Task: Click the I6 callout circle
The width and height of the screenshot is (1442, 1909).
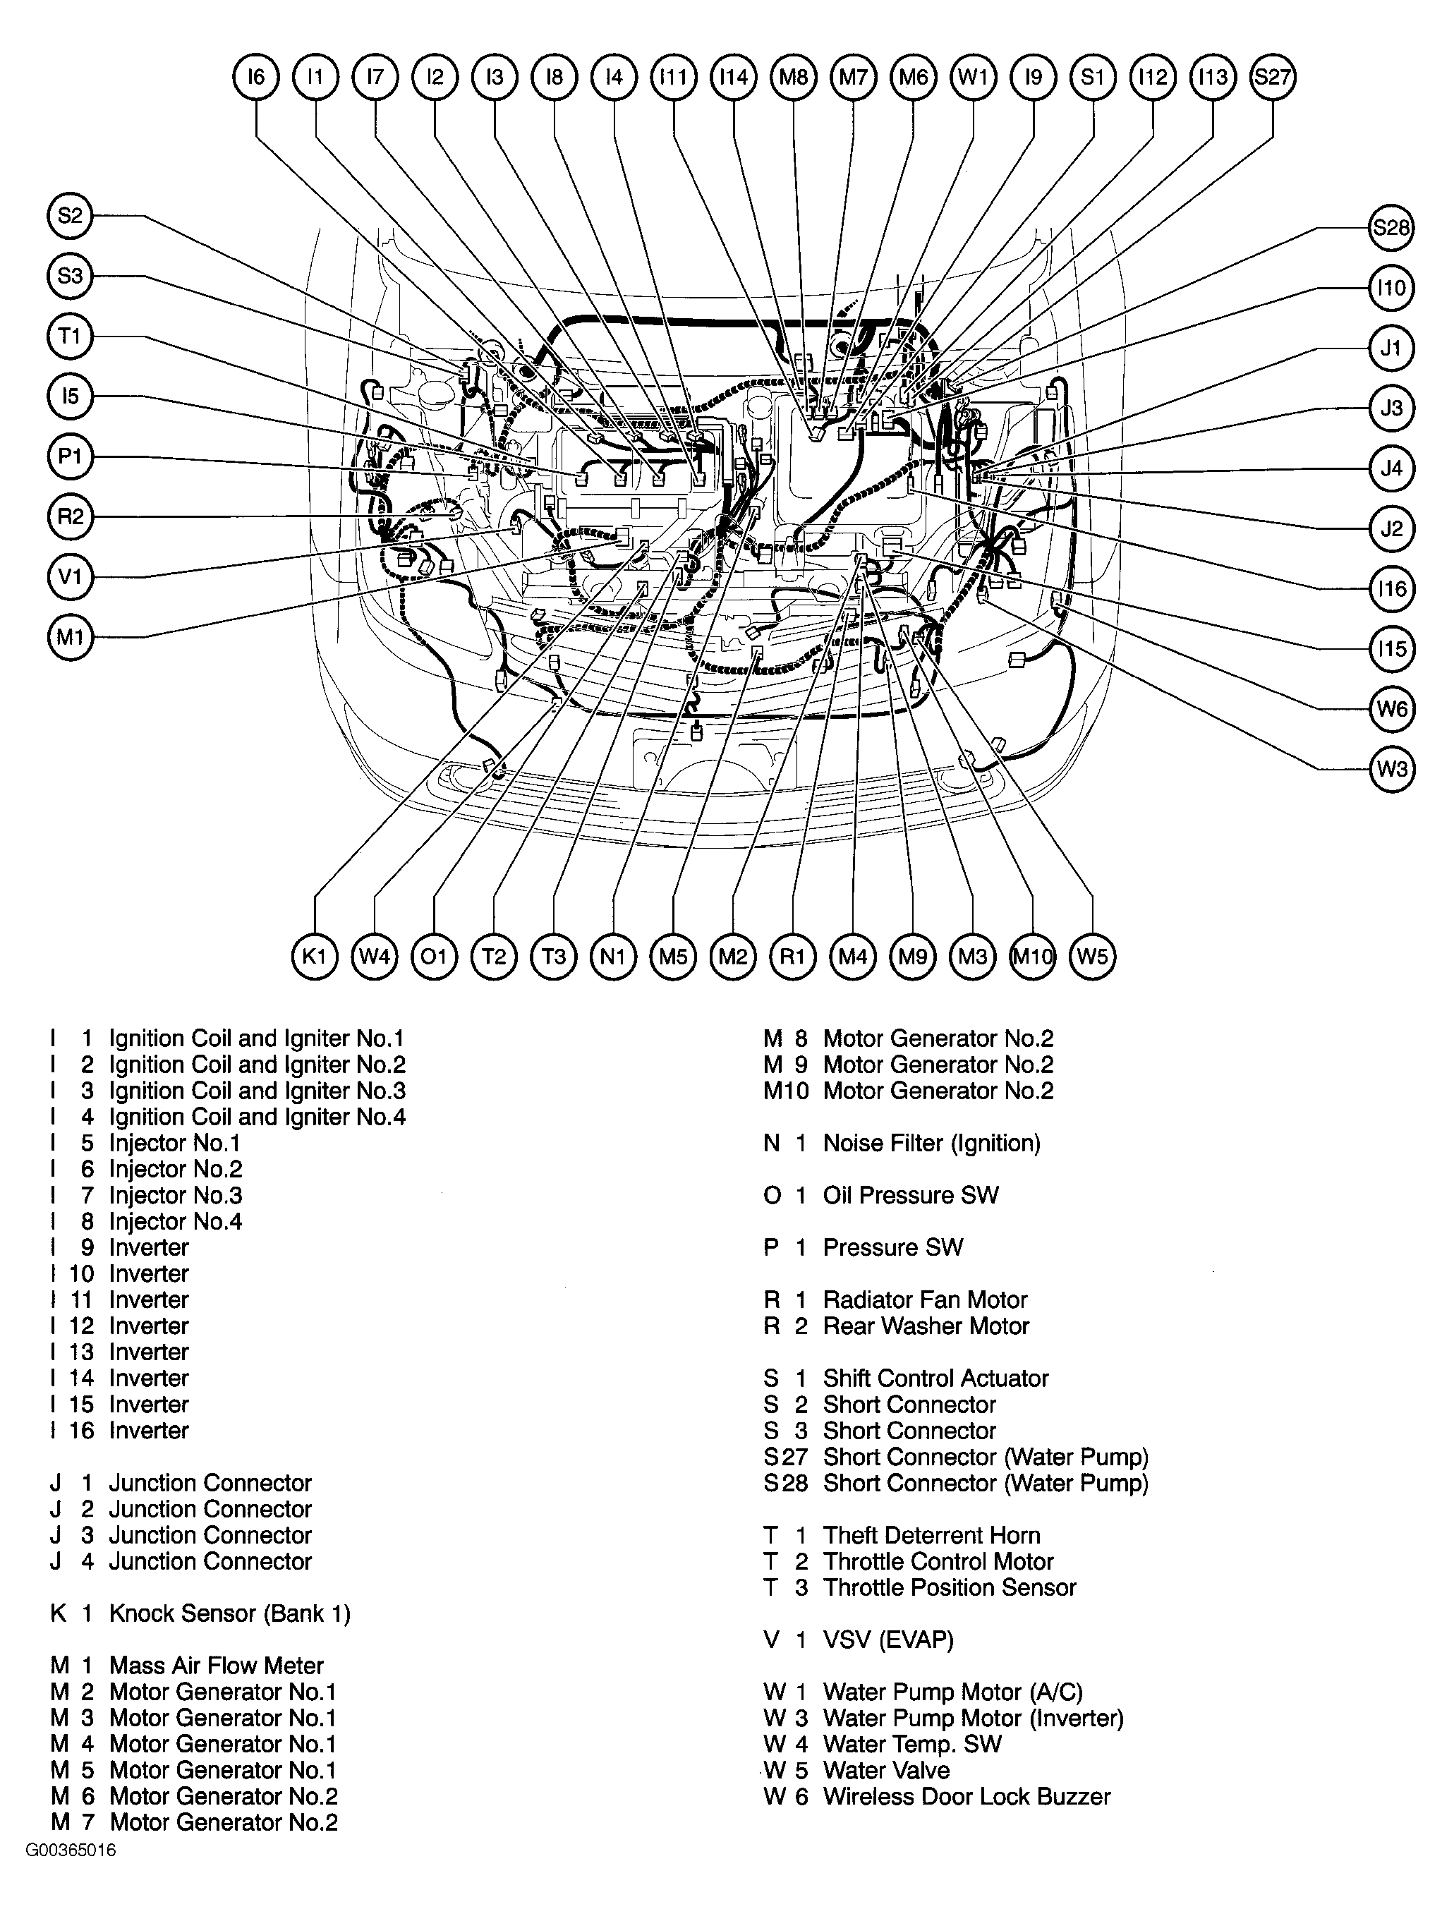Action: coord(256,77)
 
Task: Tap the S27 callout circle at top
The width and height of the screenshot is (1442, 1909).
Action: coord(1272,77)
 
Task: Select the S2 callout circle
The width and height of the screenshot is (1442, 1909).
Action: coord(70,215)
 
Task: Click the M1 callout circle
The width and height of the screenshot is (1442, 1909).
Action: coord(70,637)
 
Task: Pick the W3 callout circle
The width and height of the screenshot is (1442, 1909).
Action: coord(1392,768)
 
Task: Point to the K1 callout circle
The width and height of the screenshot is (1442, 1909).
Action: coord(315,956)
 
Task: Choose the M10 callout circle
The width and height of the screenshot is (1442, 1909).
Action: coord(1032,956)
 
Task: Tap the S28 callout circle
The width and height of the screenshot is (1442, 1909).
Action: coord(1392,228)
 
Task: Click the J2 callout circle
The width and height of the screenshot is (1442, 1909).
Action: coord(1392,528)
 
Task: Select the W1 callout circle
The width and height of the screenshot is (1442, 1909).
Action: coord(973,77)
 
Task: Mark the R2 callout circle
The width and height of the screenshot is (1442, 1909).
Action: coord(70,516)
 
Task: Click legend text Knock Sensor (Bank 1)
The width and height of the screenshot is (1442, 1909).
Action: coord(229,1613)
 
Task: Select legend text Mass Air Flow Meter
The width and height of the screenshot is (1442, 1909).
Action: coord(216,1666)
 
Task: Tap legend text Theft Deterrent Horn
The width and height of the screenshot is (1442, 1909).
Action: coord(931,1535)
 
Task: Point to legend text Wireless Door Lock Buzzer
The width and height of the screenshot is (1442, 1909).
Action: coord(967,1796)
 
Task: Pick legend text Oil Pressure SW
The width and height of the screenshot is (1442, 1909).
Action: coord(910,1195)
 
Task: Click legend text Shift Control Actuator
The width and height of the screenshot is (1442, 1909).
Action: coord(935,1378)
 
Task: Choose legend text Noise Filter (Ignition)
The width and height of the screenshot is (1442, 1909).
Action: coord(931,1143)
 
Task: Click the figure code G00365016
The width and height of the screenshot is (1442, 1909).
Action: coord(70,1850)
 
